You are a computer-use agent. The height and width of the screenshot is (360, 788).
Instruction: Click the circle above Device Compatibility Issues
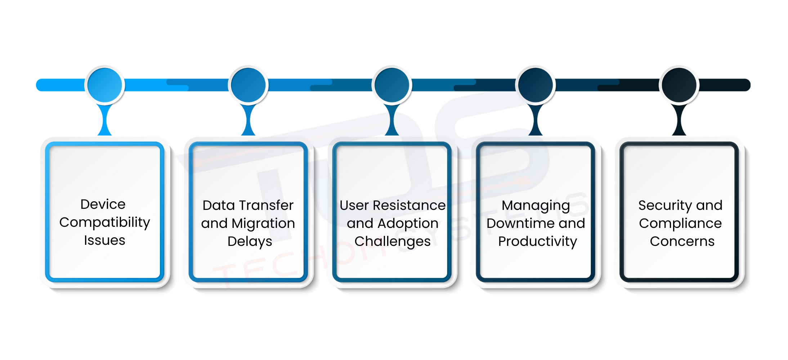(x=105, y=85)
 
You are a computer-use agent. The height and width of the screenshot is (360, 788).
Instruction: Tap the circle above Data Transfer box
(x=248, y=85)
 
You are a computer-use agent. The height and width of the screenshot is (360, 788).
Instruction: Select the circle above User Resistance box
(x=392, y=85)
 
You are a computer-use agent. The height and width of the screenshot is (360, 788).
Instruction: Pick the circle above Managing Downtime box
(x=536, y=85)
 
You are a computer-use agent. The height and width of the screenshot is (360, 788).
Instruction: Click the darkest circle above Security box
(x=679, y=85)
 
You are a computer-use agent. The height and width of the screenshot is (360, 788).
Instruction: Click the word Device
(x=103, y=204)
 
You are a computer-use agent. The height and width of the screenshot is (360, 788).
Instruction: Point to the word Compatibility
(x=105, y=222)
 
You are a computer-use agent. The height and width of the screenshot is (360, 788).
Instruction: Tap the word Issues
(x=105, y=240)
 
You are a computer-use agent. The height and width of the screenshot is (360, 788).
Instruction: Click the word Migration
(x=263, y=223)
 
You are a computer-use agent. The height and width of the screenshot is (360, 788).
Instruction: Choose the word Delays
(x=250, y=242)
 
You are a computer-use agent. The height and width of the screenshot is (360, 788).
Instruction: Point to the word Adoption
(x=408, y=224)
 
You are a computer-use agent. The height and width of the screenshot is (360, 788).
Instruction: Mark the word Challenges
(x=393, y=242)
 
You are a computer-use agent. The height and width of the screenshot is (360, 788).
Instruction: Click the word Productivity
(x=538, y=242)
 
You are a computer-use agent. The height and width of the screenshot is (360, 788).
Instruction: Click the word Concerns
(x=682, y=241)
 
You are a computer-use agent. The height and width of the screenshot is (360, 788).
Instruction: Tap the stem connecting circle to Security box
(x=679, y=121)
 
